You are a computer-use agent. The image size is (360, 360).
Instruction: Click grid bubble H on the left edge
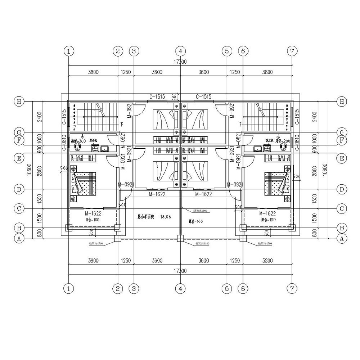[x=18, y=102]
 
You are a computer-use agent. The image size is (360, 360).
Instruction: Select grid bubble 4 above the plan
[x=180, y=51]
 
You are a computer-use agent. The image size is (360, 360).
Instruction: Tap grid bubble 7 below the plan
[x=292, y=288]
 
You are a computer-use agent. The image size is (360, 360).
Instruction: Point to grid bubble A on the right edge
[x=341, y=238]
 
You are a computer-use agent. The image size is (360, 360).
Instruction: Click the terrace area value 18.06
[x=165, y=217]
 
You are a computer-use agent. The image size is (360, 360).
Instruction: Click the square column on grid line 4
[x=180, y=238]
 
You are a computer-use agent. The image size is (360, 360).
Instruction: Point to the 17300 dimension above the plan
[x=180, y=62]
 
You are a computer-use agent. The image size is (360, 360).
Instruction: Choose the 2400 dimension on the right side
[x=315, y=117]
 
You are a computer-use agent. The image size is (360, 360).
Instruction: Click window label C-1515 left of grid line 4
[x=157, y=96]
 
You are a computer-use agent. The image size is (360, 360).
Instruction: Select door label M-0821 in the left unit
[x=122, y=140]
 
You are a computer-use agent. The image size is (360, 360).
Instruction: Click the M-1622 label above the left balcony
[x=93, y=213]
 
